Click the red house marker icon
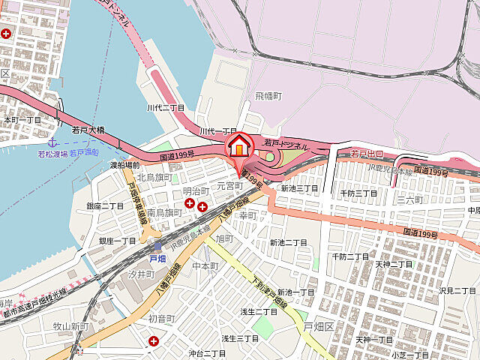(239, 144)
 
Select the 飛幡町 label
(268, 97)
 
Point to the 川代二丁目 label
(166, 108)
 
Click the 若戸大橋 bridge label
(88, 130)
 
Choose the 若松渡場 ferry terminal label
(52, 153)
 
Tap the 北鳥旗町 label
(154, 177)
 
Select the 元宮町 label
(231, 184)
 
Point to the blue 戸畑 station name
(157, 258)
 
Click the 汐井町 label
(140, 274)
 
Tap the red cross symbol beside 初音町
(154, 341)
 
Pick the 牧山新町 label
(71, 326)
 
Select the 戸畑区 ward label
(318, 326)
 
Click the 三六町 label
(410, 200)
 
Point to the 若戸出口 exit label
(367, 154)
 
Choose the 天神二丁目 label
(394, 264)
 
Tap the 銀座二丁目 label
(105, 206)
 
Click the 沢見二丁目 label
(457, 290)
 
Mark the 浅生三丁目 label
(239, 339)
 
